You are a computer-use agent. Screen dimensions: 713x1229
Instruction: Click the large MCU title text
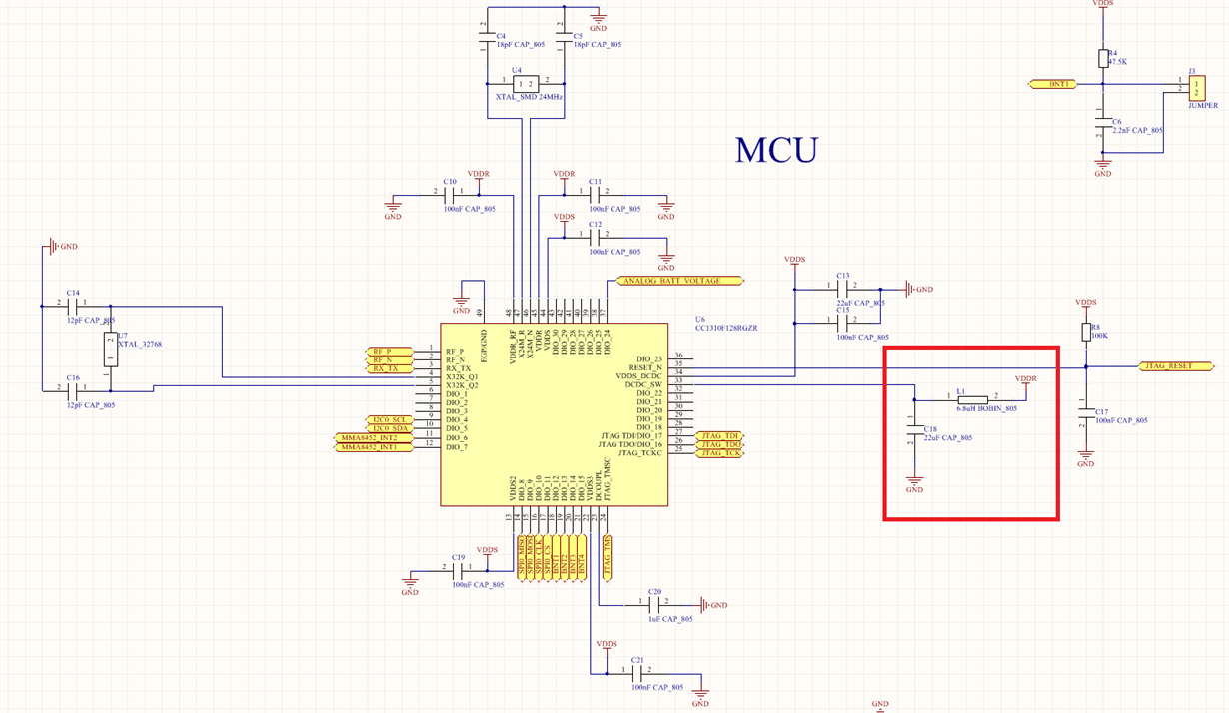tap(776, 150)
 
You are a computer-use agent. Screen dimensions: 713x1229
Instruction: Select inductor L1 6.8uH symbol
tap(972, 399)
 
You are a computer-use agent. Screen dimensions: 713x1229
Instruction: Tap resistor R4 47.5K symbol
tap(1103, 59)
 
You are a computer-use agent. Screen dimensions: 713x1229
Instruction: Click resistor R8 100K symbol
tap(1085, 332)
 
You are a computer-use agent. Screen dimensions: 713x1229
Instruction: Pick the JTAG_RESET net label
tap(1167, 366)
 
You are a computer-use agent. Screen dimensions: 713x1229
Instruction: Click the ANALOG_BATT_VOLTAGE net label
tap(684, 281)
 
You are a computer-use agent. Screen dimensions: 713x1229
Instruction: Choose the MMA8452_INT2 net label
tap(369, 438)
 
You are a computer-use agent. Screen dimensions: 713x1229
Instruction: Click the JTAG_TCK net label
tap(720, 453)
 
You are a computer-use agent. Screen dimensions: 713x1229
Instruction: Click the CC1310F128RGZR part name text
tap(726, 328)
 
